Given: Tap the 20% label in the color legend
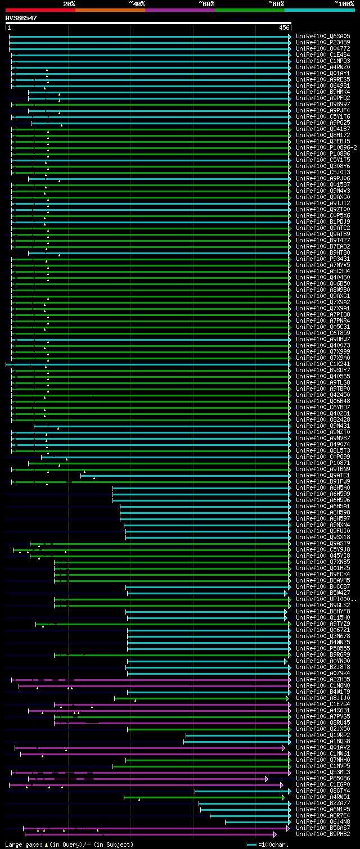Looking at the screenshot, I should (69, 4).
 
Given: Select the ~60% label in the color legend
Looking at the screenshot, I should (206, 4).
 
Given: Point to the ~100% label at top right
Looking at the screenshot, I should (344, 4).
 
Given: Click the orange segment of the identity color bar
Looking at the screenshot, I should (110, 10).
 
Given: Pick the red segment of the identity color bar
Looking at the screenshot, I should (40, 10).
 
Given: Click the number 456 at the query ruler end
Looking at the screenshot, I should (284, 28).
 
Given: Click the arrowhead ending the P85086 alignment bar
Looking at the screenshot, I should (266, 779).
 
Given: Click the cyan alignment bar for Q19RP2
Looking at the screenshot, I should (236, 735).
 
